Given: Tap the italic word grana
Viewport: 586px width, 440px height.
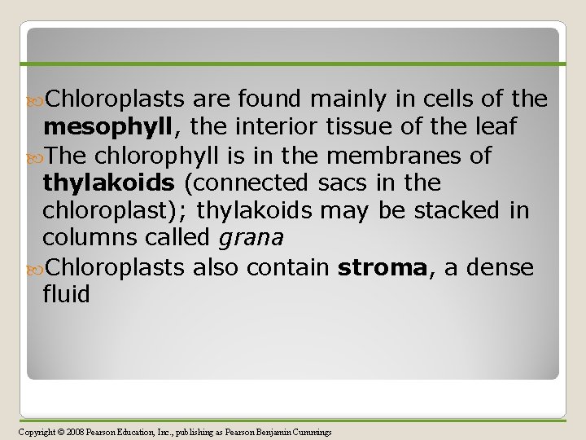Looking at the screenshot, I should point(251,238).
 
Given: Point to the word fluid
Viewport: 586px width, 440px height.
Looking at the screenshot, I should point(66,294).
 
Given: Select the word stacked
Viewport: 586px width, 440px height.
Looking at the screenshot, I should point(454,210).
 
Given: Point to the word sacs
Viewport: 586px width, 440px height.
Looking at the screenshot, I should point(338,183).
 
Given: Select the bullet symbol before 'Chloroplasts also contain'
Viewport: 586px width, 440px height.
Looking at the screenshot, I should point(34,267).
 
